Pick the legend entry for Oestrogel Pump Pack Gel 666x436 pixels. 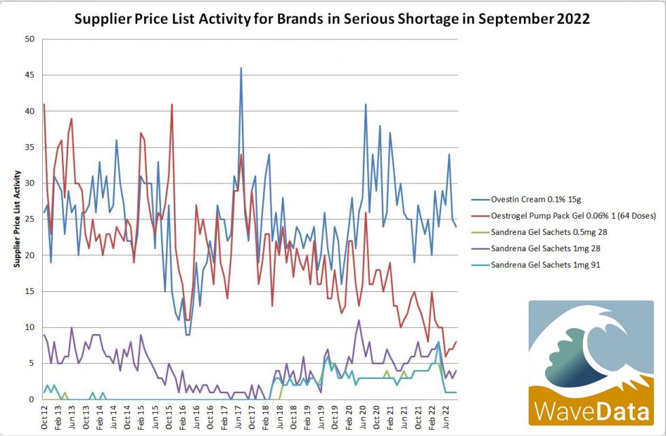click(564, 216)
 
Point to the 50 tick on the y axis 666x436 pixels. click(29, 39)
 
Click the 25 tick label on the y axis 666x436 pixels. click(29, 219)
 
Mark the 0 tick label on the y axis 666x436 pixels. click(31, 399)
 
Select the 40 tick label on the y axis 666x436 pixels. click(29, 111)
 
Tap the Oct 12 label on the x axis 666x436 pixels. click(44, 418)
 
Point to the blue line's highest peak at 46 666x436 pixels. click(241, 68)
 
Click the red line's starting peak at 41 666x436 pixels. click(44, 105)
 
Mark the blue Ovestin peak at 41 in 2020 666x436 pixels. click(366, 105)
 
